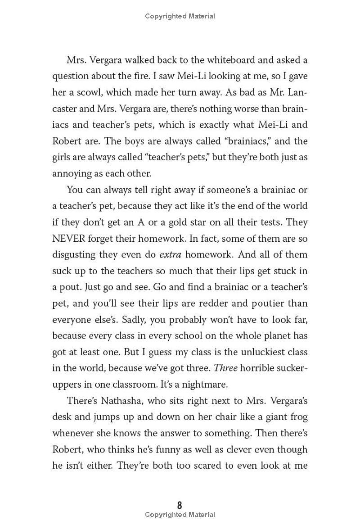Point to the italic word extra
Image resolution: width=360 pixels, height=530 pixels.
tap(171, 254)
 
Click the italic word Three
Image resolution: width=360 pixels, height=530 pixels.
tap(225, 368)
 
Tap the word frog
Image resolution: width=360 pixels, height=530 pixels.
tap(299, 417)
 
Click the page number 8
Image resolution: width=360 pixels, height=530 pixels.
tap(180, 505)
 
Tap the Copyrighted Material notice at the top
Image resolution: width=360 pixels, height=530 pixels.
tap(180, 16)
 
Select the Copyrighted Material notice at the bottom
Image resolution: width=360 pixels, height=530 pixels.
tap(180, 515)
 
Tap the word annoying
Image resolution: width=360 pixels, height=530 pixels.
tap(70, 173)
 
